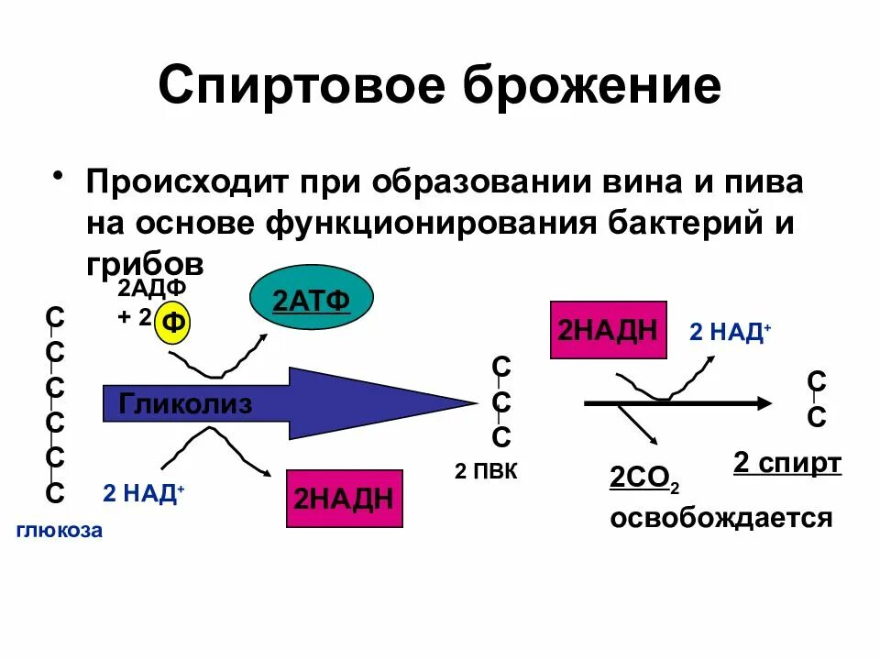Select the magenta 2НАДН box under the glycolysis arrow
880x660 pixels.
coord(344,499)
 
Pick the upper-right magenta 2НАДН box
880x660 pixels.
coord(607,330)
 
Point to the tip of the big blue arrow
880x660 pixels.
coord(472,403)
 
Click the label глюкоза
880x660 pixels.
coord(59,531)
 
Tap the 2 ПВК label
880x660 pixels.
coord(486,473)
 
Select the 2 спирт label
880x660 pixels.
coord(786,463)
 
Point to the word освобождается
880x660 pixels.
coord(721,518)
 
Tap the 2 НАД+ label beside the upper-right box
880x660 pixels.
coord(730,333)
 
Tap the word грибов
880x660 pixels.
coord(144,261)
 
